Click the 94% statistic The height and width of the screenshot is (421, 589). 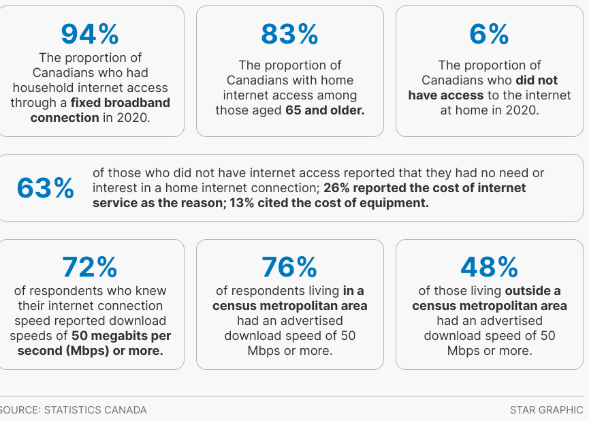tap(90, 33)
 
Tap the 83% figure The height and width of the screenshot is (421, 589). tap(289, 33)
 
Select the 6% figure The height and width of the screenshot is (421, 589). tap(489, 33)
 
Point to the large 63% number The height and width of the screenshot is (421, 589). tap(46, 189)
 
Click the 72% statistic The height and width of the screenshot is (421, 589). tap(90, 267)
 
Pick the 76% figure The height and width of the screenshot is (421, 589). tap(289, 267)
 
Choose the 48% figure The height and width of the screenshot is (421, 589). tap(489, 267)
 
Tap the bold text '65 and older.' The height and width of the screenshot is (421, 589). tap(325, 110)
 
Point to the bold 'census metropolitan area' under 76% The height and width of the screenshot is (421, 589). tap(289, 306)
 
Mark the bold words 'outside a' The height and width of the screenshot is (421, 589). tap(532, 291)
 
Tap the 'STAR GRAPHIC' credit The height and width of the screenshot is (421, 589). tap(546, 410)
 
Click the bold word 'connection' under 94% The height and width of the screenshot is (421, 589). tap(65, 118)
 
